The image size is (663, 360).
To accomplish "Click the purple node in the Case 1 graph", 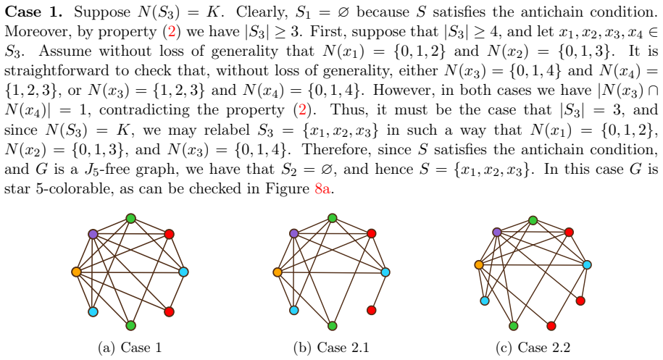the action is tap(93, 234).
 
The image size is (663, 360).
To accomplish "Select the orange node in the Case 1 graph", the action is tap(77, 271).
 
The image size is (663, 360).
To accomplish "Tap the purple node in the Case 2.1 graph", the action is tap(294, 233).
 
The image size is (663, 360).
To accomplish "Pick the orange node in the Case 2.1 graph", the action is tap(278, 272).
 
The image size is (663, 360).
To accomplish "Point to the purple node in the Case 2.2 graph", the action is tap(497, 232).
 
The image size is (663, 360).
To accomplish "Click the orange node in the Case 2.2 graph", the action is tap(479, 264).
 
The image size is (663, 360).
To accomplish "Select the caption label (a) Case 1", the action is tap(130, 348).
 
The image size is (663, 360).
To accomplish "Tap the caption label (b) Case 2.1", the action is tap(331, 348).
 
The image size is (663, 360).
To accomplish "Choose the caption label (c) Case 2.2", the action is tap(533, 348).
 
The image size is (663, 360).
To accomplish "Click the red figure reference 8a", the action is tap(322, 188).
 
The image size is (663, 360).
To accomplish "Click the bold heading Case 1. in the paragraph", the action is tap(33, 12).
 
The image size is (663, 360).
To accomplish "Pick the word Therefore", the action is tap(335, 149).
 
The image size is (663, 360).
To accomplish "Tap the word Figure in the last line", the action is tap(288, 188).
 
